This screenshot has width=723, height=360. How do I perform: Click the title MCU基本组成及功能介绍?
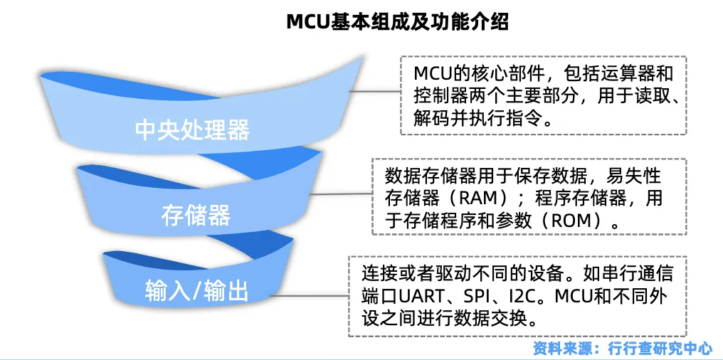coord(397,21)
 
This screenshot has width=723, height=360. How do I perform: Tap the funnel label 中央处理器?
coord(192,130)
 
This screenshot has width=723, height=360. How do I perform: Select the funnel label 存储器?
coord(196,214)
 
